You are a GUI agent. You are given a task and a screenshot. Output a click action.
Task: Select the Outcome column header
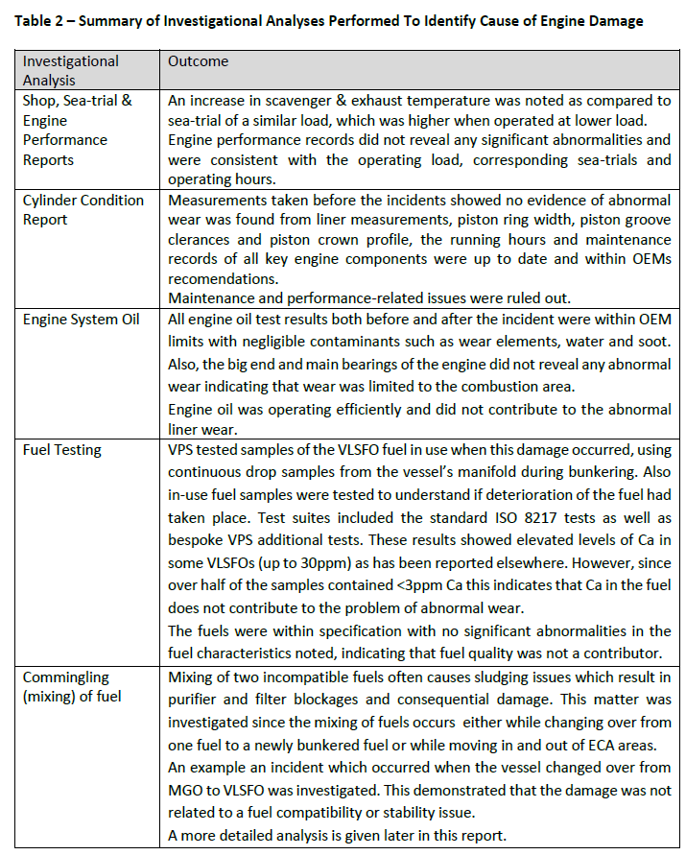tap(199, 60)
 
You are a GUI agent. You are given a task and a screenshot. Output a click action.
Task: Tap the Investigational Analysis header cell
tap(71, 70)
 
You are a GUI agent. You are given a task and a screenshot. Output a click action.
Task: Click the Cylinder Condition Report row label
tap(83, 209)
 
